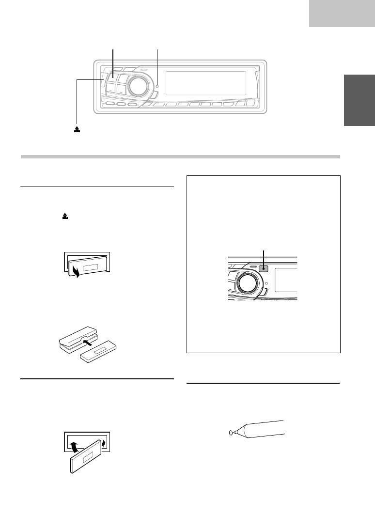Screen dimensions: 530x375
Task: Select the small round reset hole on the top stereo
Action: [157, 87]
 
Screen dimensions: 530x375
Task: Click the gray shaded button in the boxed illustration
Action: [264, 269]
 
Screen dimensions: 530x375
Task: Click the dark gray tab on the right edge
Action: [359, 100]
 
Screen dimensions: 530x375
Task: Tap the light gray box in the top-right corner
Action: [342, 13]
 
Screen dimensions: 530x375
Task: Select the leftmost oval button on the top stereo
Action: [110, 104]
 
